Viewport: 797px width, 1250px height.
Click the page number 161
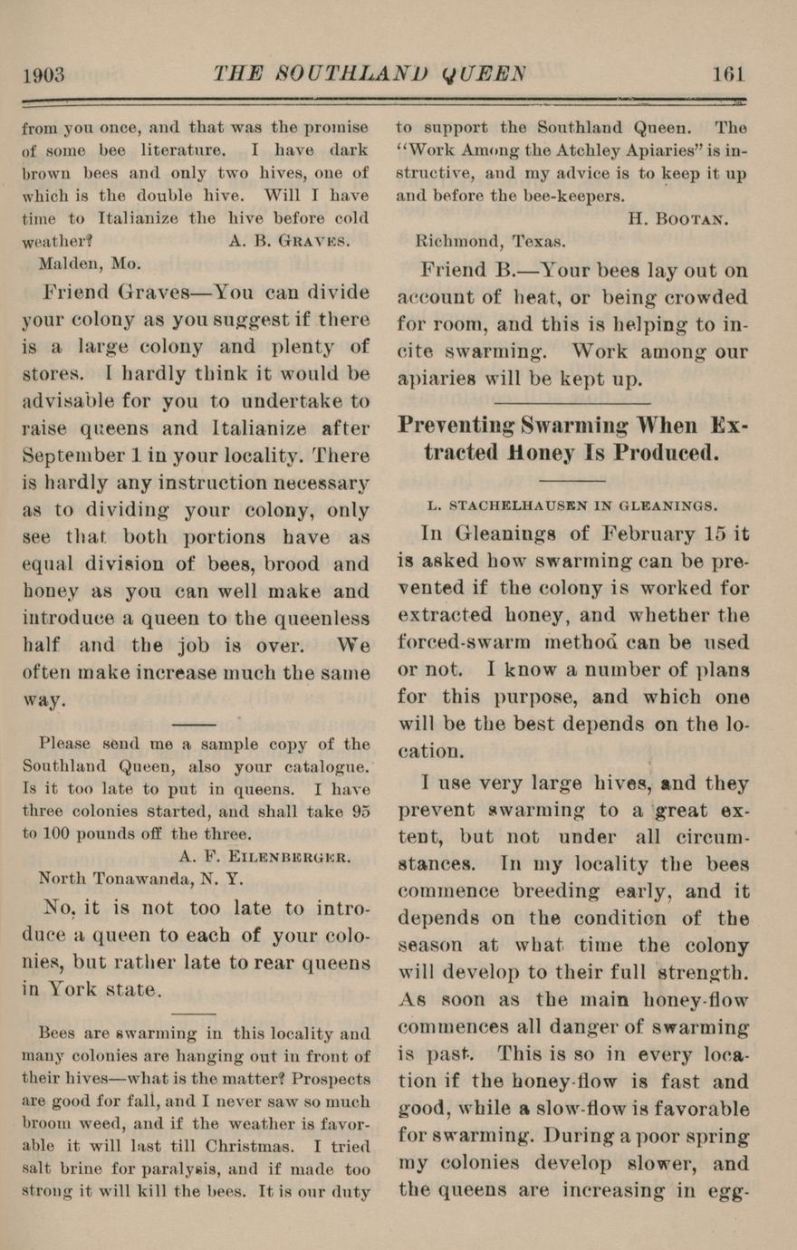pyautogui.click(x=728, y=74)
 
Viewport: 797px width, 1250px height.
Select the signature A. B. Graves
pyautogui.click(x=289, y=241)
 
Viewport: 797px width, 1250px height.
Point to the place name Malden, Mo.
pyautogui.click(x=90, y=264)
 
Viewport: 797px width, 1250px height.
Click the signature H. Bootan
pyautogui.click(x=677, y=218)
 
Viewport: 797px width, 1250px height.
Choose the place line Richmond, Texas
pyautogui.click(x=490, y=242)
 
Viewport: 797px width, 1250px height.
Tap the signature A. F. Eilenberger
pyautogui.click(x=264, y=856)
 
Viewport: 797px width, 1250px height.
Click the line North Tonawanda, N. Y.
pyautogui.click(x=140, y=878)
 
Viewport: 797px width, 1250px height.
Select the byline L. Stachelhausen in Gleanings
pyautogui.click(x=572, y=505)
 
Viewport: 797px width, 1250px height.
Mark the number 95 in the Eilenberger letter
pyautogui.click(x=360, y=812)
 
